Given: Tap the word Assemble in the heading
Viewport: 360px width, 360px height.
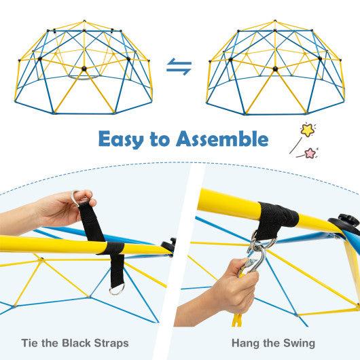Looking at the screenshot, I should coord(217,141).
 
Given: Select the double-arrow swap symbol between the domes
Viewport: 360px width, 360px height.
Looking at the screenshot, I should coord(179,67).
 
